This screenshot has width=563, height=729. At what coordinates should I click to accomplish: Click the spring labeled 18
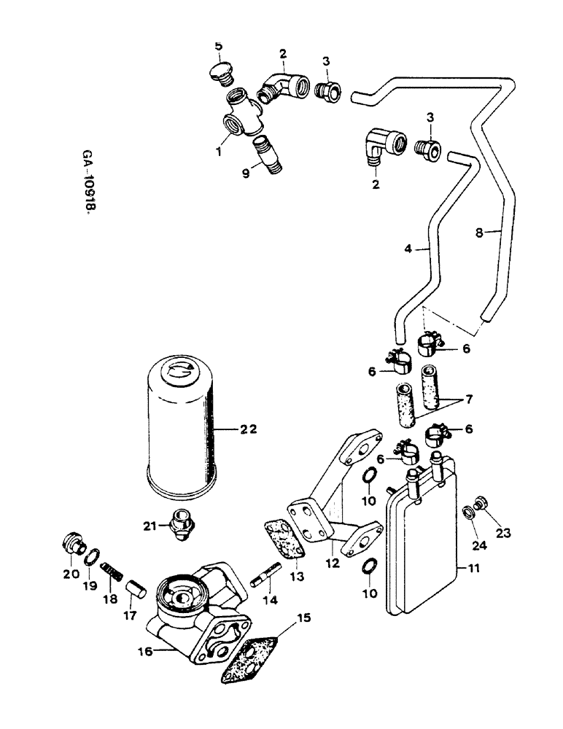coord(112,564)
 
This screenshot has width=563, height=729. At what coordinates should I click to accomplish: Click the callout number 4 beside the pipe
coord(410,249)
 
